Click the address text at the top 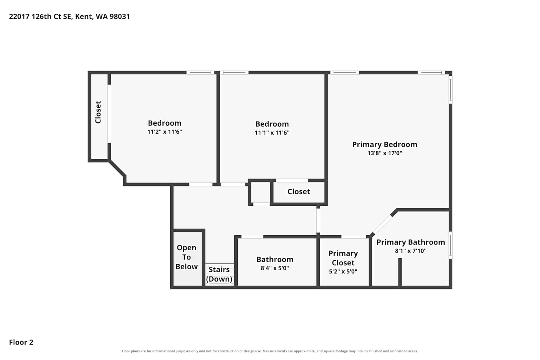point(69,17)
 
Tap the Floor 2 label point(21,342)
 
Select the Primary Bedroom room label point(385,144)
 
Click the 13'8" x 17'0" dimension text point(385,153)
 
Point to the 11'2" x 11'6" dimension point(165,132)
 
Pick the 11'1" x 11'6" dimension point(272,132)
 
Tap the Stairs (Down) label point(219,274)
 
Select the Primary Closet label point(343,258)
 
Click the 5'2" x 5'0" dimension point(343,271)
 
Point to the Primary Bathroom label point(411,242)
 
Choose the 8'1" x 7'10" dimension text point(411,251)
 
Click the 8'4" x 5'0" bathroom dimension point(275,268)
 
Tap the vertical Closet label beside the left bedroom point(98,112)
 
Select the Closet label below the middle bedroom point(299,192)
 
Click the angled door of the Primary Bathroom point(383,224)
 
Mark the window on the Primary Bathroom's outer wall point(450,245)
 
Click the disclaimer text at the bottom point(270,351)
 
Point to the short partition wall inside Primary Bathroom point(400,273)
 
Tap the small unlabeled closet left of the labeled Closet point(261,192)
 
